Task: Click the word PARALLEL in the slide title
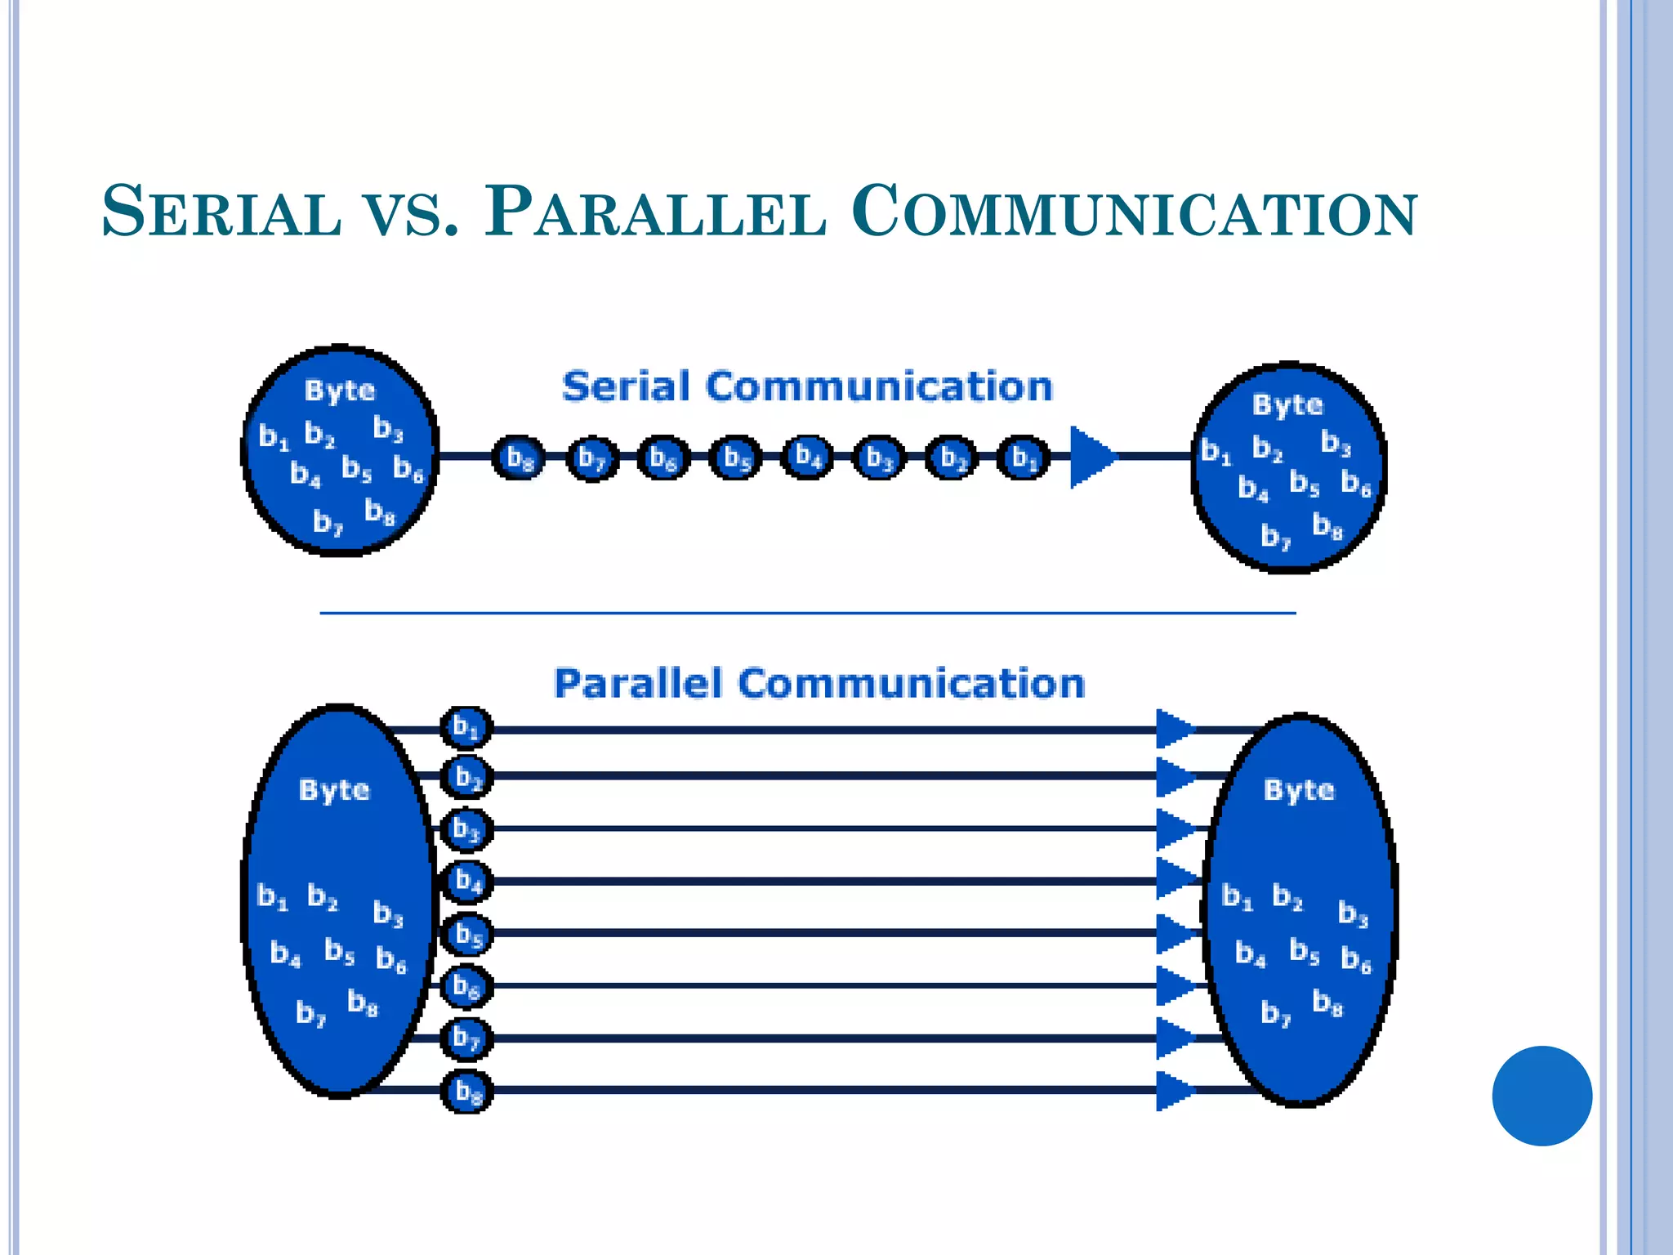pyautogui.click(x=654, y=212)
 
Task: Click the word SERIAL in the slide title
pyautogui.click(x=221, y=212)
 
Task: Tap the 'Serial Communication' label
pyautogui.click(x=807, y=386)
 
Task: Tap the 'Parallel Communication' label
pyautogui.click(x=819, y=683)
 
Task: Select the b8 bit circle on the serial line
pyautogui.click(x=518, y=458)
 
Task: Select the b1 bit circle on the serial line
pyautogui.click(x=1023, y=458)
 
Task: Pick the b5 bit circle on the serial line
pyautogui.click(x=735, y=458)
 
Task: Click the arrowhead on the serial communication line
pyautogui.click(x=1091, y=457)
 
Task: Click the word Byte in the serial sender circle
pyautogui.click(x=340, y=391)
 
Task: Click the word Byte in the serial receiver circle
pyautogui.click(x=1287, y=404)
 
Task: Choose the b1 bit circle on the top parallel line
pyautogui.click(x=466, y=727)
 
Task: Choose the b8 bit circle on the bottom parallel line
pyautogui.click(x=467, y=1091)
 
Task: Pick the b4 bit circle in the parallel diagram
pyautogui.click(x=467, y=881)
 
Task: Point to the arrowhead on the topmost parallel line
pyautogui.click(x=1175, y=729)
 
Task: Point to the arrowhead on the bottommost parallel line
pyautogui.click(x=1175, y=1091)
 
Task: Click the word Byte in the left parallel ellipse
pyautogui.click(x=334, y=790)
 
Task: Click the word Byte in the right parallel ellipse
pyautogui.click(x=1299, y=790)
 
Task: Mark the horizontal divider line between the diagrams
pyautogui.click(x=807, y=612)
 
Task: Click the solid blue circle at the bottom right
pyautogui.click(x=1541, y=1096)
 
